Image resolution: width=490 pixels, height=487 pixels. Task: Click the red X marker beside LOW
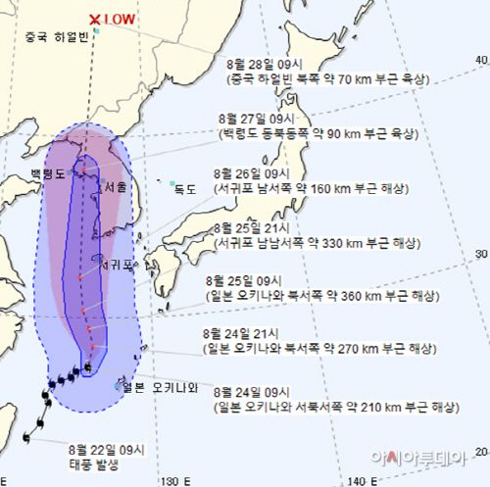(x=94, y=19)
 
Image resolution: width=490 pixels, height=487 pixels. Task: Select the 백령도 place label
(x=46, y=173)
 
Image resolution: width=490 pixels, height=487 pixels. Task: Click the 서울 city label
(x=115, y=187)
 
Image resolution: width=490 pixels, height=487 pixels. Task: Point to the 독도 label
(x=184, y=188)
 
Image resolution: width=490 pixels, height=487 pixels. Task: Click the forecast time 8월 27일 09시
(x=256, y=116)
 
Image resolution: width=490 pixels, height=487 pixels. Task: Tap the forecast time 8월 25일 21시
(x=256, y=226)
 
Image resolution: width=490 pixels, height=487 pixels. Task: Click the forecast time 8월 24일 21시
(x=243, y=332)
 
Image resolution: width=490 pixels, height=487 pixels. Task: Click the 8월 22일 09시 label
(x=107, y=450)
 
